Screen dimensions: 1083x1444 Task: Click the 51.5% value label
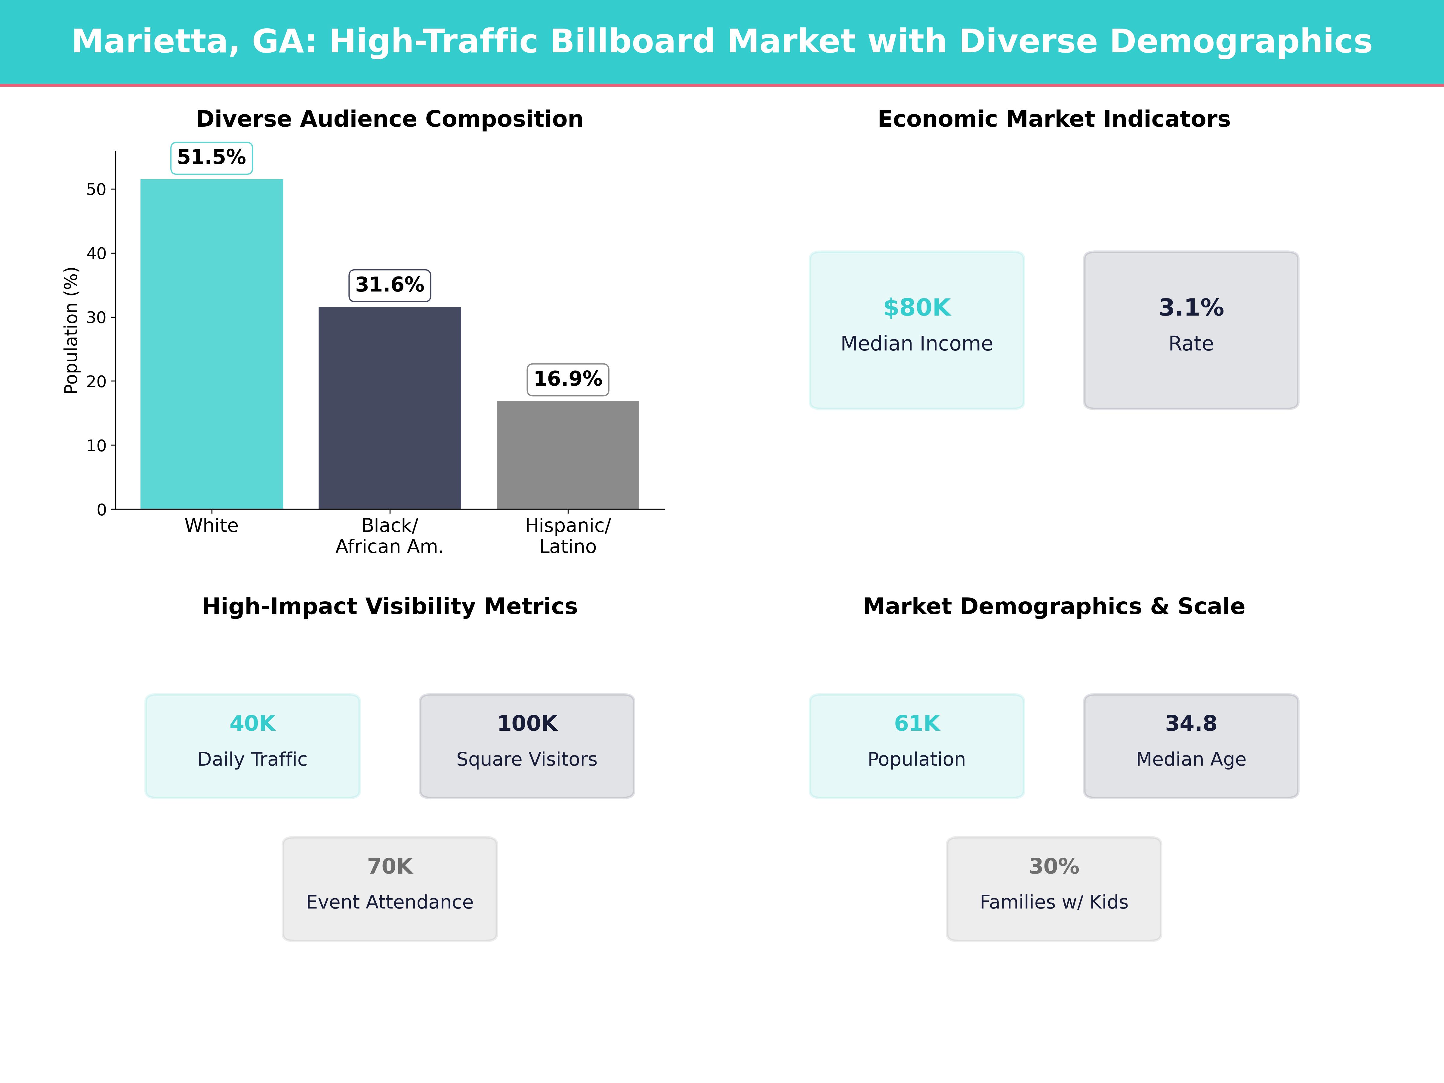(211, 157)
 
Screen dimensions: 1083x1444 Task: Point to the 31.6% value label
(390, 285)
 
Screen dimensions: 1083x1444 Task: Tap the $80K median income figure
(917, 307)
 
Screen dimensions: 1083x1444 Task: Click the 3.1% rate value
(1191, 307)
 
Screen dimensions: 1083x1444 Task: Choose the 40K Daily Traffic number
(253, 723)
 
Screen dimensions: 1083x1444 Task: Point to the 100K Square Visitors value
(527, 723)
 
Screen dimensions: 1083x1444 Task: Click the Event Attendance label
(390, 902)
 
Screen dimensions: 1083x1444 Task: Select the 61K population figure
(917, 723)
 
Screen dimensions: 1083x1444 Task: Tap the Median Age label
(1191, 759)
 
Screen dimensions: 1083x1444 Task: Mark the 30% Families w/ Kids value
(1054, 866)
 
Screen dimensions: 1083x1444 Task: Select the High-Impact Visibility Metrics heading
(390, 606)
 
